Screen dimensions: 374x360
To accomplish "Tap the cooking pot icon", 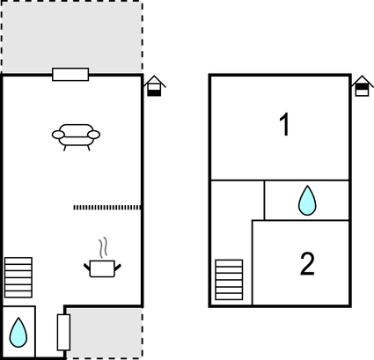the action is coord(102,268).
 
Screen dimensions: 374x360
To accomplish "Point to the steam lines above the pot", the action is coord(103,247).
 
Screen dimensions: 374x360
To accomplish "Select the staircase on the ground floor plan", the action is coord(18,277).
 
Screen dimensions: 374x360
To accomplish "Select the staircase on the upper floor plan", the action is coord(229,280).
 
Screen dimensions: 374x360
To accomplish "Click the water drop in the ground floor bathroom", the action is coord(18,333).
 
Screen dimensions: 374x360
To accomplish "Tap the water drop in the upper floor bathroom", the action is coord(307,201).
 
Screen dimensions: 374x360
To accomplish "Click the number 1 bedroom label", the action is coord(284,124).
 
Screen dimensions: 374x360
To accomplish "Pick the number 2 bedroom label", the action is coord(307,264).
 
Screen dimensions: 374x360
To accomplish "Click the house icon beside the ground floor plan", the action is coord(154,86).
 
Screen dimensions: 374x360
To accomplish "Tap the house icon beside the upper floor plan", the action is coord(363,85).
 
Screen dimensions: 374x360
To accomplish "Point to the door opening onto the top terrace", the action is coord(70,74).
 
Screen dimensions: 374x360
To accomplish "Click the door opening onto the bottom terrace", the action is coord(63,332).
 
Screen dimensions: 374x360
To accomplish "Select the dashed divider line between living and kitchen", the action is coord(107,208).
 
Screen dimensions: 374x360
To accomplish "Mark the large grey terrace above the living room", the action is coord(72,37).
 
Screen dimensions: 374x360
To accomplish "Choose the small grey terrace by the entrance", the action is coord(105,333).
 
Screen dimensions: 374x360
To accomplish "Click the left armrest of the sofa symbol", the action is coord(58,135).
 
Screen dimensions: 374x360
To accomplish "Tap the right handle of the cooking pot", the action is coord(118,268).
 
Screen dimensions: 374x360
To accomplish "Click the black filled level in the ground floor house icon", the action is coord(154,93).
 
